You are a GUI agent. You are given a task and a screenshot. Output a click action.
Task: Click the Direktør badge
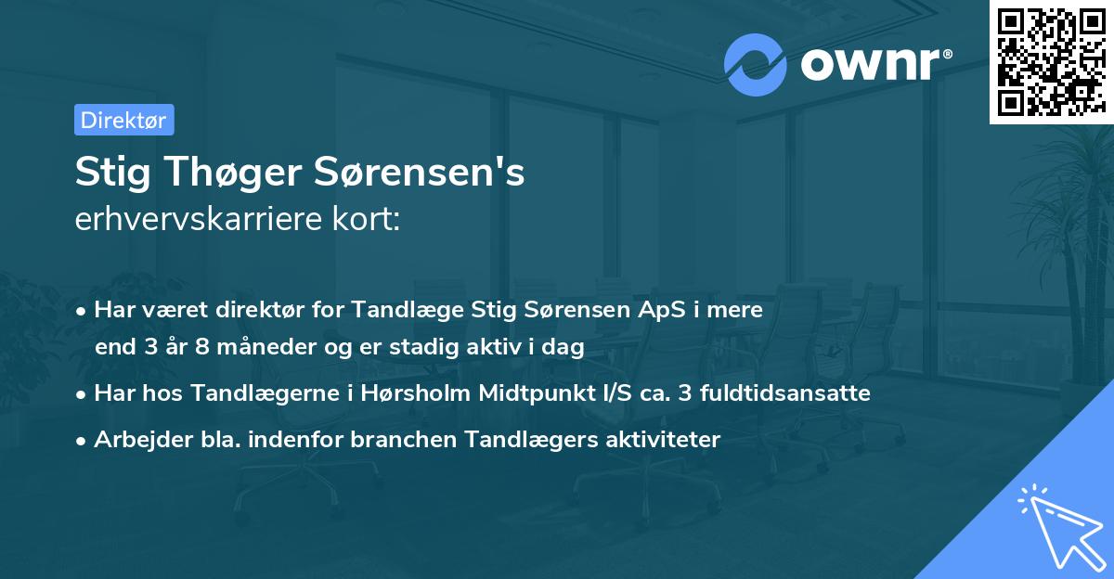123,120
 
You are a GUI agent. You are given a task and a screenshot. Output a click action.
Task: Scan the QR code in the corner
1051,61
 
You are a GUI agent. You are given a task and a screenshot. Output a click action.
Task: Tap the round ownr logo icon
754,64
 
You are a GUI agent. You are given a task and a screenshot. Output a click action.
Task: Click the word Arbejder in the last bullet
134,439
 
